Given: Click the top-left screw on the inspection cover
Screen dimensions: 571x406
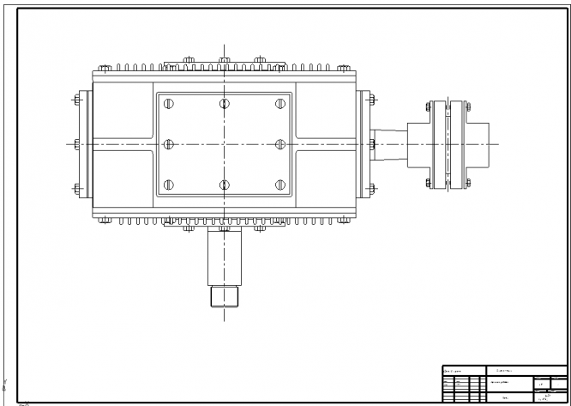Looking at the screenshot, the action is tap(168, 105).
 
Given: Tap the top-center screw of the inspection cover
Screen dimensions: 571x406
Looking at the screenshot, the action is tap(224, 105).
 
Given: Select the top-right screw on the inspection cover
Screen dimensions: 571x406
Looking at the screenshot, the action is tap(279, 105).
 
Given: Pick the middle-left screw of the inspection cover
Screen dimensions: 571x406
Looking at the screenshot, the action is tap(168, 144).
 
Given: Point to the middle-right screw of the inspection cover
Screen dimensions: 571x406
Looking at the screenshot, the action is tap(279, 144).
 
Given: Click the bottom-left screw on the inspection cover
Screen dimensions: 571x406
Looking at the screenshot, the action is tap(168, 184).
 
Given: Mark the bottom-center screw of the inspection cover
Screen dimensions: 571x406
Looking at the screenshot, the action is tap(224, 184).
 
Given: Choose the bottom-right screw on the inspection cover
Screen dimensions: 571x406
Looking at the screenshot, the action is tap(279, 184).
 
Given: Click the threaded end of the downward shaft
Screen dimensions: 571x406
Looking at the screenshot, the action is tap(224, 297).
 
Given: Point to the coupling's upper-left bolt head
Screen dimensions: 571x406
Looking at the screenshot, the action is tap(430, 108).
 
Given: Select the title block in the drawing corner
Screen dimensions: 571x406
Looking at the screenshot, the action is tap(504, 383).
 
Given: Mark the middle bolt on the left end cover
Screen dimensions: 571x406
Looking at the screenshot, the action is tap(76, 144).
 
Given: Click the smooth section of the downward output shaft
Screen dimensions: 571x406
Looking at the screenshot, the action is tap(224, 258).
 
